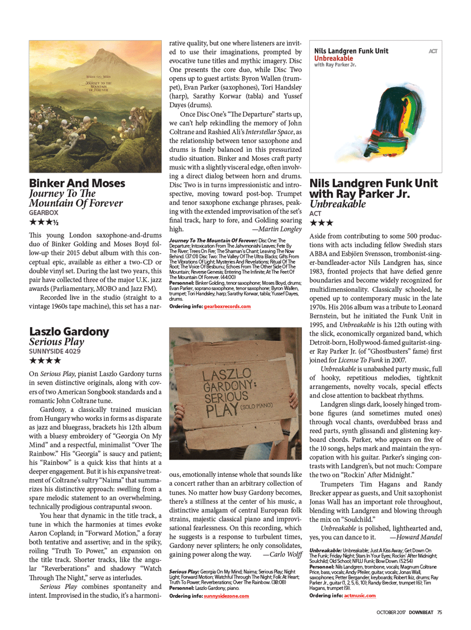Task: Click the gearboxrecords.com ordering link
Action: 227,306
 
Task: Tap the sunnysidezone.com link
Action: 226,596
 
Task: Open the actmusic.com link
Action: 360,596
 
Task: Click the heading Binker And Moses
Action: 77,183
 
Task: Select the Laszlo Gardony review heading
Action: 69,332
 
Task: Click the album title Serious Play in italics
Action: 56,342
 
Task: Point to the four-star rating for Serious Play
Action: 45,361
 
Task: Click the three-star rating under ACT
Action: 321,223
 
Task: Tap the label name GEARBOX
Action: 44,213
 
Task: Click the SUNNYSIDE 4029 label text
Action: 55,351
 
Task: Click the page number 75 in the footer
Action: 439,612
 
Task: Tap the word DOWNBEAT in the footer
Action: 421,612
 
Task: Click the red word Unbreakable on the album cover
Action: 334,58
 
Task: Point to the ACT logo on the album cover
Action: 433,51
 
